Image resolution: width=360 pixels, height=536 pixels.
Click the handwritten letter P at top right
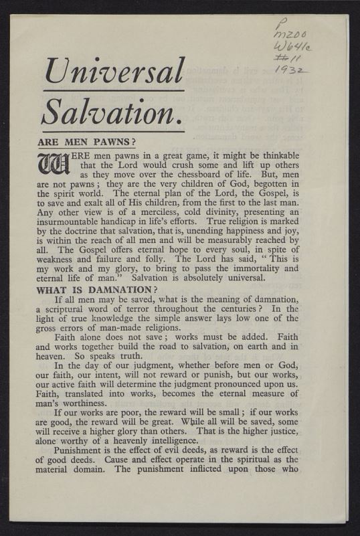click(279, 25)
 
